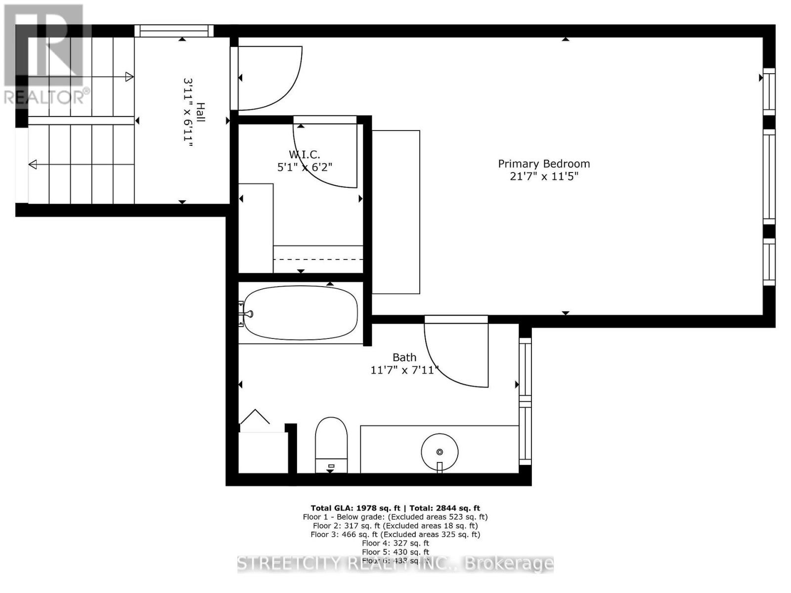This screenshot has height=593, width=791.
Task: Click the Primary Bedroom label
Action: tap(544, 164)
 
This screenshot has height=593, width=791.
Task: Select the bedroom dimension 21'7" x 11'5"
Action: tap(544, 176)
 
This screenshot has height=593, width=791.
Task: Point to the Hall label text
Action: tap(201, 112)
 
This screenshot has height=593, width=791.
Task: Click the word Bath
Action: tap(404, 357)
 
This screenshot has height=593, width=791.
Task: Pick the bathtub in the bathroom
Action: tap(301, 313)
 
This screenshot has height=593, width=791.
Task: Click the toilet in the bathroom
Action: tap(331, 442)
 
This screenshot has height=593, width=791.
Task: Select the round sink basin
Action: tap(439, 451)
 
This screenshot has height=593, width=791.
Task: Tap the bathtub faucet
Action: tap(247, 313)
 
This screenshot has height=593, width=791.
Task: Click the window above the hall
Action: tap(174, 31)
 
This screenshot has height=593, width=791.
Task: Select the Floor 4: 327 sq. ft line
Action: tap(395, 543)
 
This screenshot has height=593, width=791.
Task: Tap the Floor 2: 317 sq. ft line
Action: tap(395, 526)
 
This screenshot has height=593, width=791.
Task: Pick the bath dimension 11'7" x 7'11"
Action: tap(404, 370)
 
